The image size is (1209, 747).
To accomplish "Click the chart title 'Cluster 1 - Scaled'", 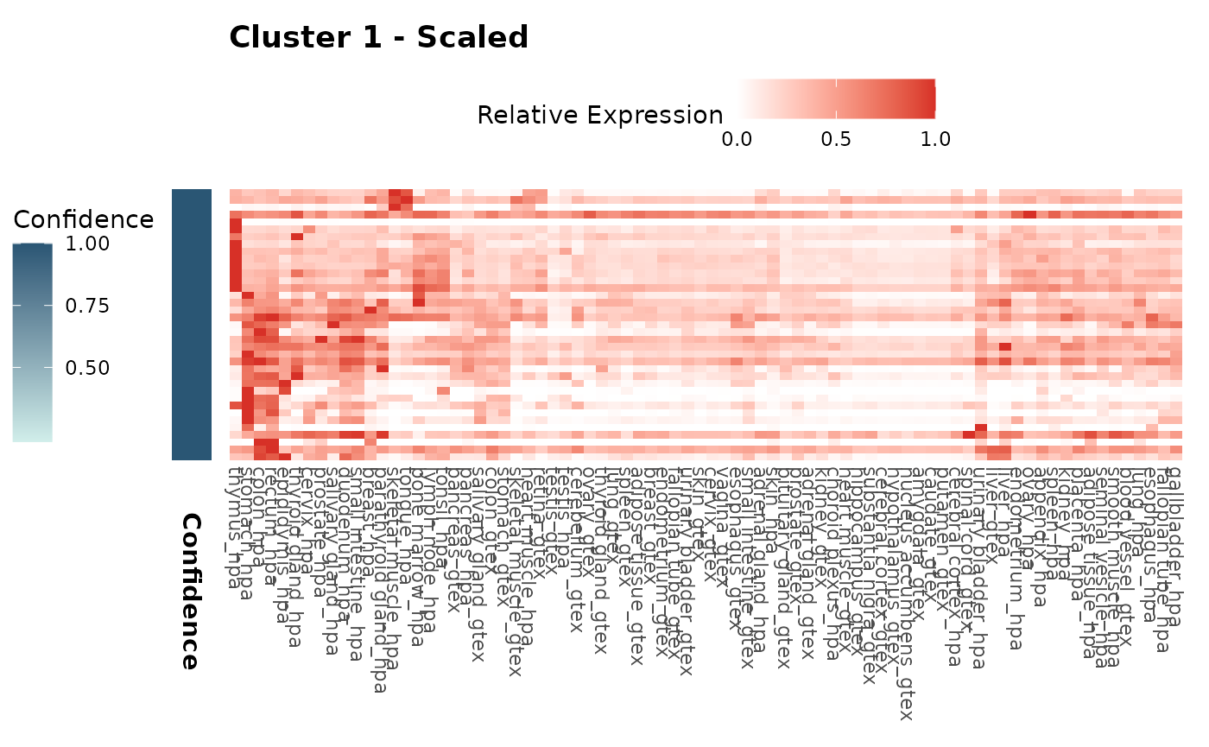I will click(x=378, y=38).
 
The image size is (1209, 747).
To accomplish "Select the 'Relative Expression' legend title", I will click(x=599, y=115).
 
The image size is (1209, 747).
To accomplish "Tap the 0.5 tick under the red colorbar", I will click(x=836, y=139).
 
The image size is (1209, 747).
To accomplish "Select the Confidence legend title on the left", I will click(x=83, y=219).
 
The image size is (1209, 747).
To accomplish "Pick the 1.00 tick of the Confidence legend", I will click(x=87, y=244).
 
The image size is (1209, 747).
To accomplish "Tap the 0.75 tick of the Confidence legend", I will click(x=87, y=306).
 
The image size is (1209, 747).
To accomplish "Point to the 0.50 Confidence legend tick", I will click(x=87, y=368).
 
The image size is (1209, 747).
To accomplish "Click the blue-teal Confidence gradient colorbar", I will click(x=33, y=342).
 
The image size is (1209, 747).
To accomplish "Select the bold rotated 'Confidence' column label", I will click(x=190, y=592).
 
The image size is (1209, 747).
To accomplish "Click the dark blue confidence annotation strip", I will click(x=191, y=324).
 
